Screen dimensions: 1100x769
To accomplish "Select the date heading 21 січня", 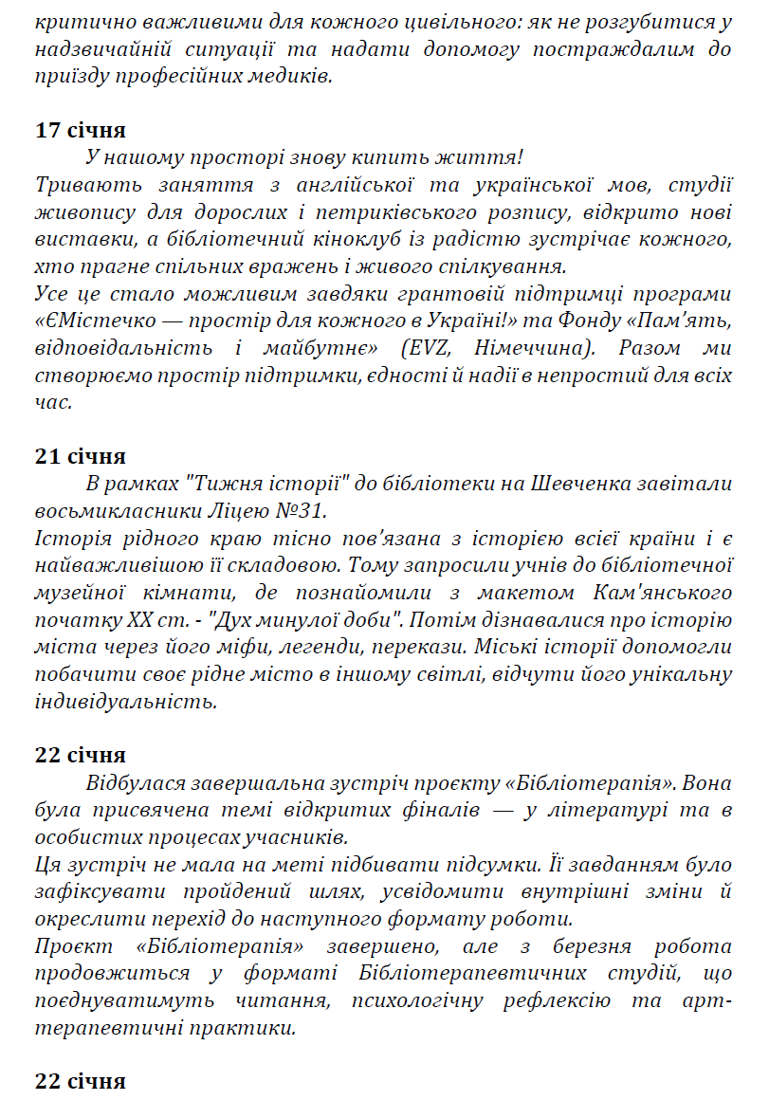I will click(x=81, y=457).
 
